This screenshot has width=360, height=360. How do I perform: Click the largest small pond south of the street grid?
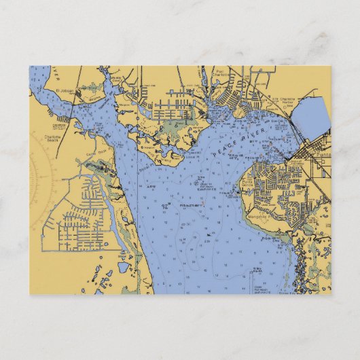123,268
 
